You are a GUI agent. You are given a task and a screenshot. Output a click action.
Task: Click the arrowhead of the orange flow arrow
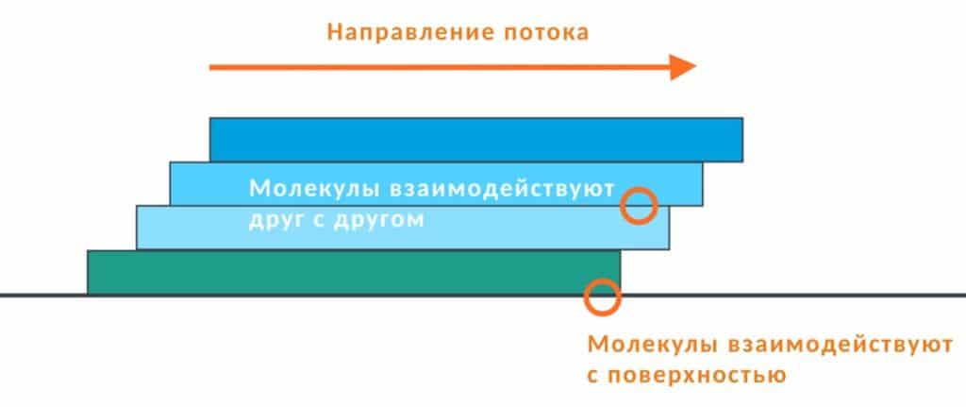tap(683, 66)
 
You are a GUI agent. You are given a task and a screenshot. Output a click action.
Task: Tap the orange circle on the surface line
tap(602, 296)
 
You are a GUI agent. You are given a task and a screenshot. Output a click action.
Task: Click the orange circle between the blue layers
tap(640, 205)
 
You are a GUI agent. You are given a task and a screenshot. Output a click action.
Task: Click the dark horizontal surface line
tap(802, 296)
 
